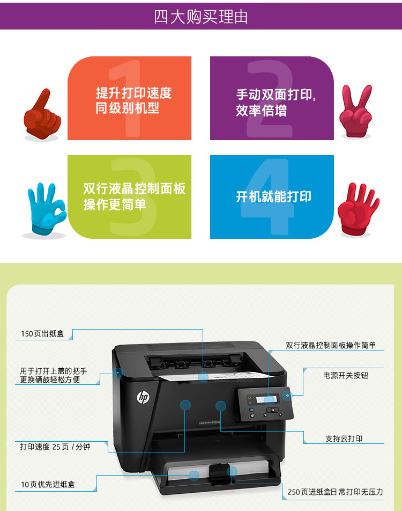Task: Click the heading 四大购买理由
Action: (x=201, y=17)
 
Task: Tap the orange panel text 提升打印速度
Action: (x=134, y=93)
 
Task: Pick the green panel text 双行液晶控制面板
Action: (x=135, y=189)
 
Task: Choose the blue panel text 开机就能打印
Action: (x=274, y=197)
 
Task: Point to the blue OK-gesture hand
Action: (x=46, y=209)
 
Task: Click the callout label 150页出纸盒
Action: (x=42, y=334)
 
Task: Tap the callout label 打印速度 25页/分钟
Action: (x=55, y=446)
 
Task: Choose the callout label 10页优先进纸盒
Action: (x=48, y=484)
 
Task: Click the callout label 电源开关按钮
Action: (x=346, y=375)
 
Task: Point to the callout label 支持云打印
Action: (x=344, y=439)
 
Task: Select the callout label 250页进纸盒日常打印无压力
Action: (x=336, y=492)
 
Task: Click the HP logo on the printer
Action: (x=143, y=397)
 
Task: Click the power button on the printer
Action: (x=288, y=396)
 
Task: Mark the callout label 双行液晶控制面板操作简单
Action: (x=331, y=345)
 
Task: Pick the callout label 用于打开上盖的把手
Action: (x=54, y=371)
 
